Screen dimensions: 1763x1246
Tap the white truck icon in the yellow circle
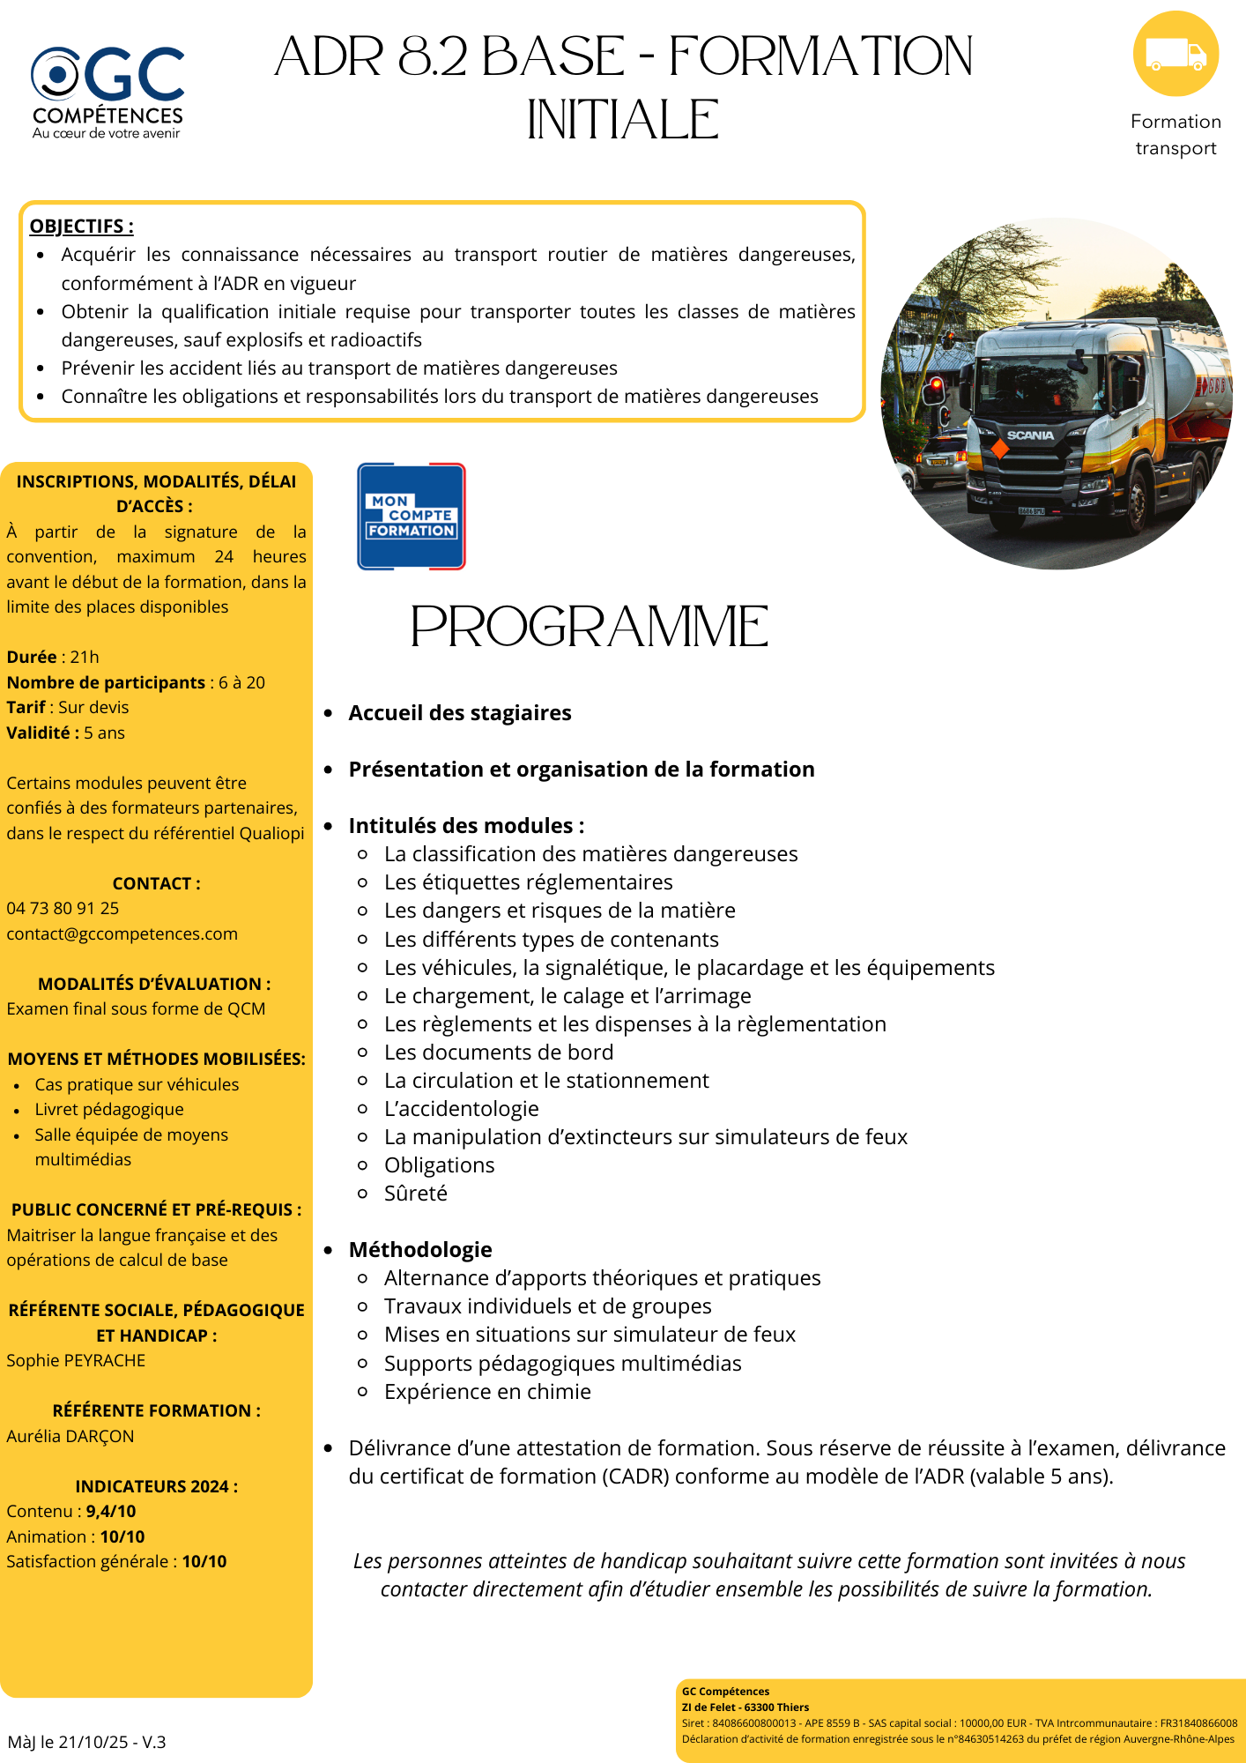1176,55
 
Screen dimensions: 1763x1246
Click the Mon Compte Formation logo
411,517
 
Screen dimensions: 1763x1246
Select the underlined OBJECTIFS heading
81,227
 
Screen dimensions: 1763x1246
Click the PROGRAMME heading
589,627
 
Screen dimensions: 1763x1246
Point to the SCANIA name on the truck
1030,435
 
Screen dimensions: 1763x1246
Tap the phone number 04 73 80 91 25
63,909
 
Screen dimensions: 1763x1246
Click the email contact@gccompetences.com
122,934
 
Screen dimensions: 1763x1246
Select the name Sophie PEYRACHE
76,1361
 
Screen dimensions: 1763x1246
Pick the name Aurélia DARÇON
70,1437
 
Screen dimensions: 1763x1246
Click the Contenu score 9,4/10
111,1512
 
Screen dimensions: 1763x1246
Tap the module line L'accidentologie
461,1109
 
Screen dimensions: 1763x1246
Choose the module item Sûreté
415,1194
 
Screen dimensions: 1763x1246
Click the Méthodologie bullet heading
420,1250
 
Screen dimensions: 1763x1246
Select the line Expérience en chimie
487,1392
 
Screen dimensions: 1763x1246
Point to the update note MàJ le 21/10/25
86,1743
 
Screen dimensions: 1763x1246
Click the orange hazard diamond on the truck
998,449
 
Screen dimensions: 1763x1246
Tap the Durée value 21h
85,658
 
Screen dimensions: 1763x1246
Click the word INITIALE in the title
623,120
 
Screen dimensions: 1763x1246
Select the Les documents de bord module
499,1053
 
